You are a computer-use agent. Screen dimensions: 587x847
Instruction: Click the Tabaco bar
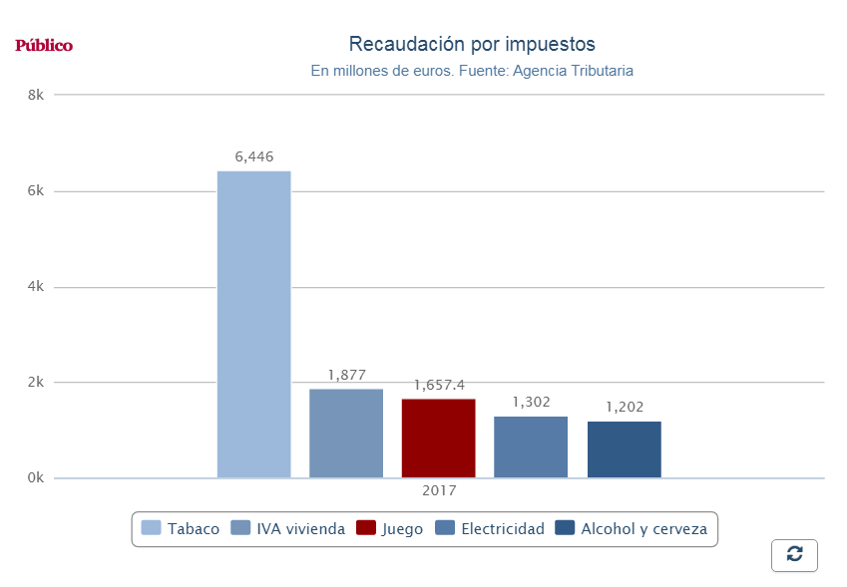click(x=253, y=324)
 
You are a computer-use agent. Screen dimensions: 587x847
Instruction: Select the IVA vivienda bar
click(x=346, y=434)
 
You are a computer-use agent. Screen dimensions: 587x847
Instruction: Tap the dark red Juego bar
click(x=438, y=439)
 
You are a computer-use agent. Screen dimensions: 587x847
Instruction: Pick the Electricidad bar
click(x=531, y=447)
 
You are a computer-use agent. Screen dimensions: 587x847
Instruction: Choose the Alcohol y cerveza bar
click(x=624, y=449)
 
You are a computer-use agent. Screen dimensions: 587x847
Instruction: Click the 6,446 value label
click(x=254, y=156)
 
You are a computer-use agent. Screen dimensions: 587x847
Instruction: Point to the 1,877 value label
click(x=346, y=375)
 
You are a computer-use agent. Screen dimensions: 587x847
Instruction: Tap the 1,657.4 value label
click(x=439, y=385)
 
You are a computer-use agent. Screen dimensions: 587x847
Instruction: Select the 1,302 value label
click(x=532, y=402)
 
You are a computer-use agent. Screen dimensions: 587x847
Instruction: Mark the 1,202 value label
click(x=625, y=407)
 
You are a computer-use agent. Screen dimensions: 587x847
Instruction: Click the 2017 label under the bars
click(x=439, y=490)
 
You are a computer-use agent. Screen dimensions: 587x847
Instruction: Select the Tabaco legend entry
click(x=181, y=529)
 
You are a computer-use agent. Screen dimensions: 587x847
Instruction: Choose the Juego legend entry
click(x=390, y=529)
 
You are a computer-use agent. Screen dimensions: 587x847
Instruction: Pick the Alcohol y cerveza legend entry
click(x=632, y=529)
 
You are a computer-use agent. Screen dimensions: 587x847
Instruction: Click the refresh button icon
click(x=794, y=555)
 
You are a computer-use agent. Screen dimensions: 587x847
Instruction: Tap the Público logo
click(x=44, y=46)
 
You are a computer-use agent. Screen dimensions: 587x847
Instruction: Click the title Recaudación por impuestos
click(x=472, y=45)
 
